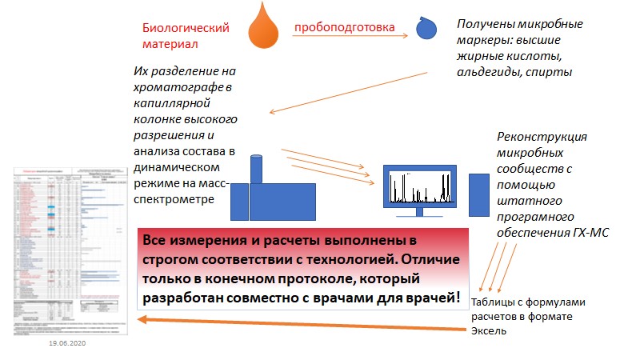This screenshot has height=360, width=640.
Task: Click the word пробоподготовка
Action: coord(344,28)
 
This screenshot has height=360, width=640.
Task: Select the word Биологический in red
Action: coord(186,28)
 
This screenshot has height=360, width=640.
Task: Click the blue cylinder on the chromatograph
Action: coord(257,168)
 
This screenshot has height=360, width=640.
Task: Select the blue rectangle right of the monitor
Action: coord(478,194)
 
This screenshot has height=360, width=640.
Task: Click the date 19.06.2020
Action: coord(67,342)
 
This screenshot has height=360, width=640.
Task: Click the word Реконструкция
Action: coord(542,137)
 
